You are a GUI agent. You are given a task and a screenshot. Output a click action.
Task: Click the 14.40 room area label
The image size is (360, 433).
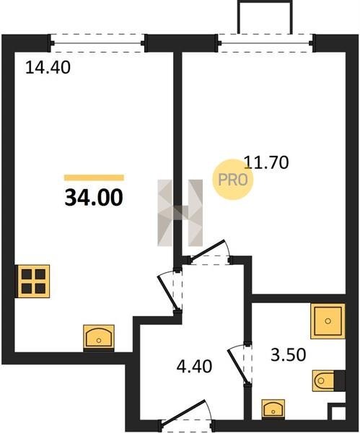click(48, 68)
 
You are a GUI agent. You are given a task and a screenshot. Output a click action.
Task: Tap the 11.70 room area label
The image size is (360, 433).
click(266, 162)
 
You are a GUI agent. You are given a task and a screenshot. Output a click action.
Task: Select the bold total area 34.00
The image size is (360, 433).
click(94, 198)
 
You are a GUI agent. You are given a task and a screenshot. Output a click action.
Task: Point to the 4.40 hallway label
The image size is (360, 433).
click(194, 366)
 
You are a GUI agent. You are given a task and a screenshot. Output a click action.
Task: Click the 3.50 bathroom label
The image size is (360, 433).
click(289, 355)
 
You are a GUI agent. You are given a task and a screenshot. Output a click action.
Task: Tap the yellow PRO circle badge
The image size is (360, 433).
click(233, 180)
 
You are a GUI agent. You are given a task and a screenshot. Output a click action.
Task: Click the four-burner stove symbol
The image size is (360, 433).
click(32, 281)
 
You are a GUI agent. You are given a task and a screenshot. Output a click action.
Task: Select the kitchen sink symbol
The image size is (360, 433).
click(99, 337)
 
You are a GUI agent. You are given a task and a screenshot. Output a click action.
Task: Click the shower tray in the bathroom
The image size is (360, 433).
click(328, 321)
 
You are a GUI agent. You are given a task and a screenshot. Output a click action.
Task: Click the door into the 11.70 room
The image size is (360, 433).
click(210, 250)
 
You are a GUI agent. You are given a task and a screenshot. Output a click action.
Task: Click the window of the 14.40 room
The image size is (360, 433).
click(97, 43)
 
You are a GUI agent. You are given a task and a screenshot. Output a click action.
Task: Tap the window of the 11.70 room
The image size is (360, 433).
click(265, 43)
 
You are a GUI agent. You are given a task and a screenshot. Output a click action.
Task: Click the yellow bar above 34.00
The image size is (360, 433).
click(94, 178)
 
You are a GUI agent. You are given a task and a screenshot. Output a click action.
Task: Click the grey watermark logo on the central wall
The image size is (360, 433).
click(180, 213)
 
